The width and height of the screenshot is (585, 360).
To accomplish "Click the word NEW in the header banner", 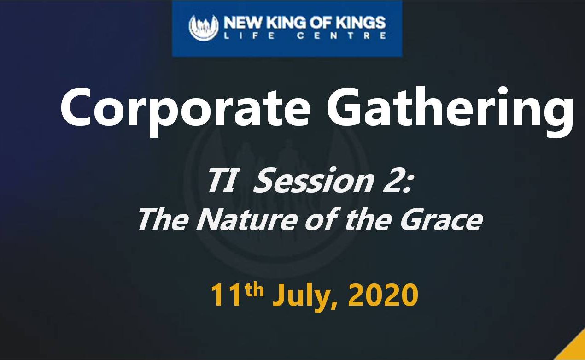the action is coord(243,22).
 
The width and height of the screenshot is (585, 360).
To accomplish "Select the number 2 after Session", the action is coord(393,180).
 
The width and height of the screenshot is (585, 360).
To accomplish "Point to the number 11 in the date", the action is coord(226,295).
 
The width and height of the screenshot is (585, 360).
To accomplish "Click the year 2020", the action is coord(383,295).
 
